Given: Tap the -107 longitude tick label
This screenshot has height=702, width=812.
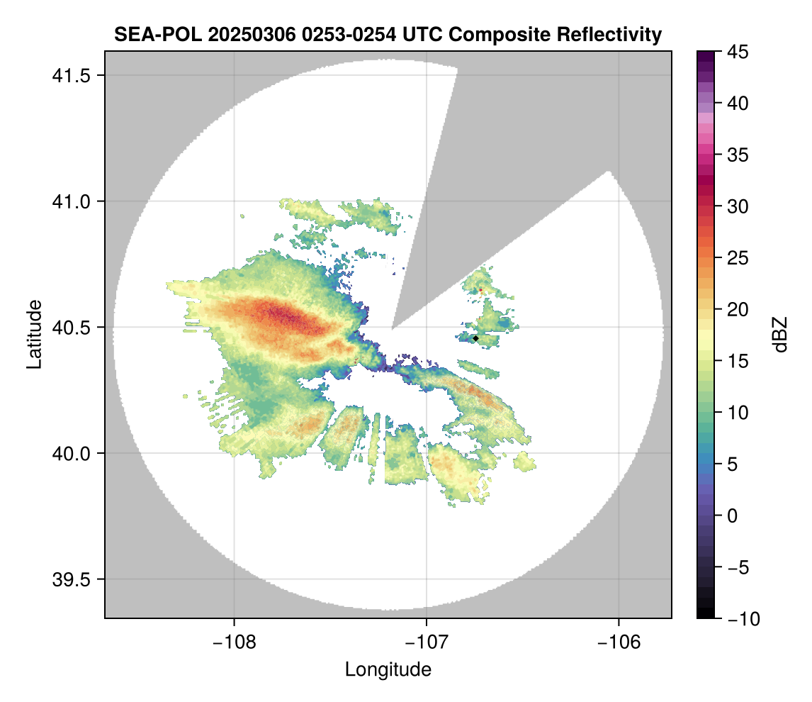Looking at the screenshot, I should coord(427,642).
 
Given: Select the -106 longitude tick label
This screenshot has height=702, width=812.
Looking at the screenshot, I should coord(619,642).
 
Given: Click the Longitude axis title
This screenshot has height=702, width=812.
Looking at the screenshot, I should coord(388,669).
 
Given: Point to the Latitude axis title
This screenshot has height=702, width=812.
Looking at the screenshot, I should coord(33,334).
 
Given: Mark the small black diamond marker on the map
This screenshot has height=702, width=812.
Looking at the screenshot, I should coord(475,339).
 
